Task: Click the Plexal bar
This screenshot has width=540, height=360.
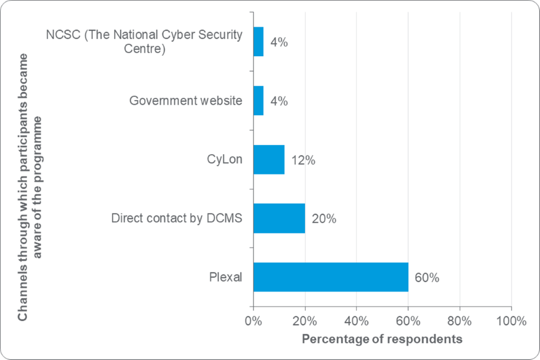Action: coord(331,277)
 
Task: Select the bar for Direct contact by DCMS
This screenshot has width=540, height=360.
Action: coord(279,218)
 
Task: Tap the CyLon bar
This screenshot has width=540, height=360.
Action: coord(269,160)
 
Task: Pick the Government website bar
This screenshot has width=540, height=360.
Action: coord(259,101)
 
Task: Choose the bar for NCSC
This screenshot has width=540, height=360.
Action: coord(259,42)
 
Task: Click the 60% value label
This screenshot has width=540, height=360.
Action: coord(427,277)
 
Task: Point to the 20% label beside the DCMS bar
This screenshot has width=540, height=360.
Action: coord(324,219)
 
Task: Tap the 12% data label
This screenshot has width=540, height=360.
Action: coord(303,160)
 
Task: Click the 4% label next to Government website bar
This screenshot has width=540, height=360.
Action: coord(279,101)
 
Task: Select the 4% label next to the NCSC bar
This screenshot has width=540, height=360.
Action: coord(279,42)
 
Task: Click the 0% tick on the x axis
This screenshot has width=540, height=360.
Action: coord(254,322)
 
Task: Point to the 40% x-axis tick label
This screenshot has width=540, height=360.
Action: coord(357,322)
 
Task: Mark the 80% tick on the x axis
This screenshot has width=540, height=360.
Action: coord(460,322)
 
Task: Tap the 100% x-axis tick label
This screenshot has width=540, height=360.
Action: coord(511,322)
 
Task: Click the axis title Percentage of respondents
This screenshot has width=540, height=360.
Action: coord(382,339)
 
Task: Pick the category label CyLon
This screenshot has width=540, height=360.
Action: coord(224,159)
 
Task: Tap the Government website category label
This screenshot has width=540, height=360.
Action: coord(186,101)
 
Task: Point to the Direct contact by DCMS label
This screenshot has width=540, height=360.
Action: coord(177,218)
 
